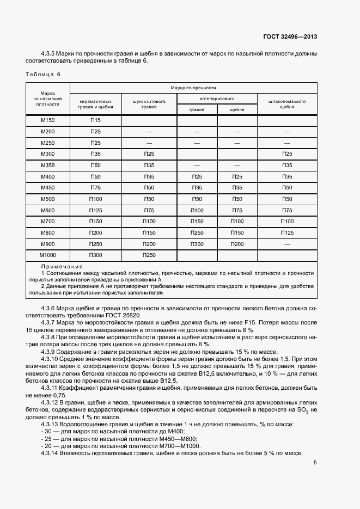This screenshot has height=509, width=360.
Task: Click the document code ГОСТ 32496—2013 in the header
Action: (290, 37)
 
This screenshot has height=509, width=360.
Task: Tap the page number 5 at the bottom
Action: (315, 463)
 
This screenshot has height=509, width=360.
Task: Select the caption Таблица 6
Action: (44, 73)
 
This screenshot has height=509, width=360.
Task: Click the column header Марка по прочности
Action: (193, 87)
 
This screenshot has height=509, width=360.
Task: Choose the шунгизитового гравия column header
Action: (149, 103)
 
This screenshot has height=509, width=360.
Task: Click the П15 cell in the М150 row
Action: (96, 120)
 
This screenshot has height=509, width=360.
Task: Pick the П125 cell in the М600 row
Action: (96, 210)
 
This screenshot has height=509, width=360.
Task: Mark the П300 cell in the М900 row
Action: (197, 244)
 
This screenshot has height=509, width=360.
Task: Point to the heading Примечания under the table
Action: (62, 267)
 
